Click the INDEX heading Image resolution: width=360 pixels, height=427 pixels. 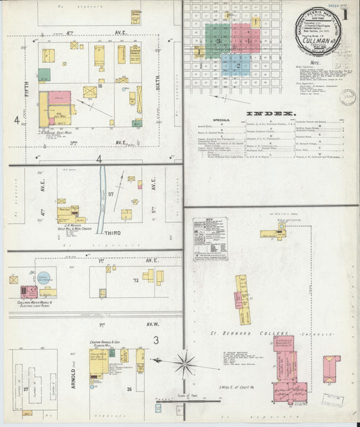[x=271, y=113]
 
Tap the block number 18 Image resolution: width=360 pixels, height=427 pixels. [x=99, y=86]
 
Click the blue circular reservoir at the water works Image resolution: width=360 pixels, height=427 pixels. [x=43, y=277]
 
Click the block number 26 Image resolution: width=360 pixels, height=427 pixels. [x=129, y=389]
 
